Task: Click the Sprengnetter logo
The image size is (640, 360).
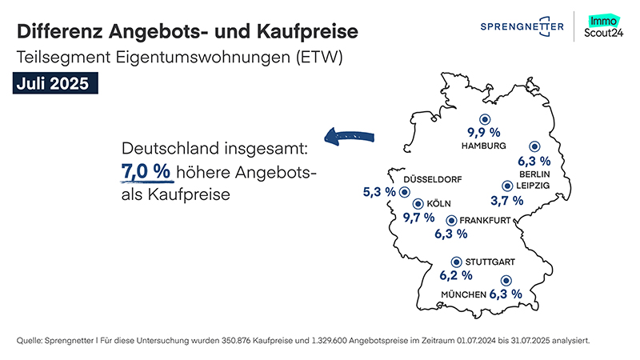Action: (x=521, y=27)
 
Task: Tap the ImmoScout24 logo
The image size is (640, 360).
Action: (x=607, y=27)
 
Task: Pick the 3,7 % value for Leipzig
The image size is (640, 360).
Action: (x=506, y=200)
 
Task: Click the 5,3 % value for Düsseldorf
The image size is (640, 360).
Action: (x=380, y=192)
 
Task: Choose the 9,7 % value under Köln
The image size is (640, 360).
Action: (x=418, y=217)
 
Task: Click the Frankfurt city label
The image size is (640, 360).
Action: (x=483, y=220)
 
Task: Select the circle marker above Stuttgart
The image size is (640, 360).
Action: (x=456, y=260)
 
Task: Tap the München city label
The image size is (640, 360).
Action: (x=463, y=295)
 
